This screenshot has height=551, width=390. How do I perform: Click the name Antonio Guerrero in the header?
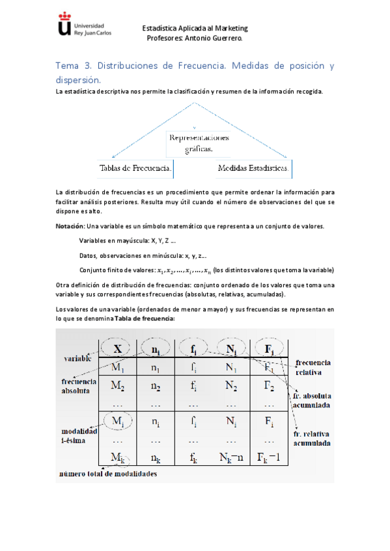[x=217, y=38]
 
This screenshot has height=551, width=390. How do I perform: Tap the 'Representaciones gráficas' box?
[x=199, y=143]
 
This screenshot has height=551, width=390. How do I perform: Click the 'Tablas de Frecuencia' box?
[x=136, y=168]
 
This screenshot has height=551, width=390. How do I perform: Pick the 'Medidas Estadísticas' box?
[x=254, y=168]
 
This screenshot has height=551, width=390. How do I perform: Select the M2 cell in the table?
[x=118, y=385]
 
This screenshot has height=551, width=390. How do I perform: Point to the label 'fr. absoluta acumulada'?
[x=312, y=400]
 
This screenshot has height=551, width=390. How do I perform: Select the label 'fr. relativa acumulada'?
[x=312, y=439]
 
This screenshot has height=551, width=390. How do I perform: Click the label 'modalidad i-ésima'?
[x=79, y=435]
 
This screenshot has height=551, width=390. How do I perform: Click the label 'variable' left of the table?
[x=77, y=358]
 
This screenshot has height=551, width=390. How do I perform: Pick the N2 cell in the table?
[x=231, y=385]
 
